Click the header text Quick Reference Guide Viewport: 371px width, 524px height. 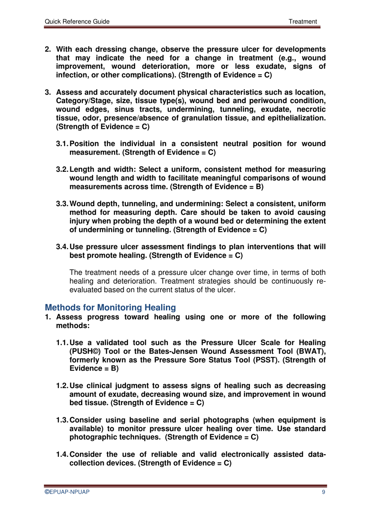pyautogui.click(x=77, y=21)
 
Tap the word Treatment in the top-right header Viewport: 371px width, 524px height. pyautogui.click(x=303, y=21)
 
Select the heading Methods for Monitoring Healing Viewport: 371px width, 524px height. pyautogui.click(x=110, y=307)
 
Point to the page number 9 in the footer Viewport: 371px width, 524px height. pyautogui.click(x=323, y=492)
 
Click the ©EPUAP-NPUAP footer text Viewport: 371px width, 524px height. pyautogui.click(x=67, y=492)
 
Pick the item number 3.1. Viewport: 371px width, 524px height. pyautogui.click(x=62, y=144)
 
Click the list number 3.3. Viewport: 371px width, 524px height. pyautogui.click(x=62, y=204)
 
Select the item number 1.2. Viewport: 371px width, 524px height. pyautogui.click(x=62, y=386)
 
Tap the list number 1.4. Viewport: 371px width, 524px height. pyautogui.click(x=62, y=454)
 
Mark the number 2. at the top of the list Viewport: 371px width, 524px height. pyautogui.click(x=48, y=49)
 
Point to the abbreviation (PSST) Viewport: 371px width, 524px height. pyautogui.click(x=266, y=360)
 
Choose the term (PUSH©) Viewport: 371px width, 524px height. pyautogui.click(x=85, y=351)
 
